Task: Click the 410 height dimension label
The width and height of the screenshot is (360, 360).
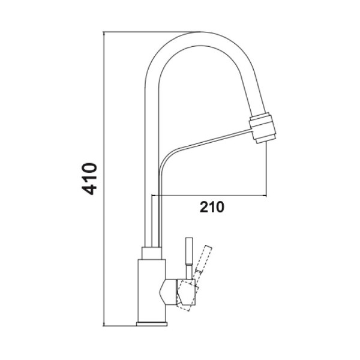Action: (89, 179)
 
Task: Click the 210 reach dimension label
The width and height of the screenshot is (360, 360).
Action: (212, 207)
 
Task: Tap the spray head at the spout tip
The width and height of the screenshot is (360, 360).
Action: (262, 128)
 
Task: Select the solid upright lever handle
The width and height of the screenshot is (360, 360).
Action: (189, 258)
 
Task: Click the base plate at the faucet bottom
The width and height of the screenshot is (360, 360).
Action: (152, 324)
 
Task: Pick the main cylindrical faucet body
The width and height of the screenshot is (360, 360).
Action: (152, 291)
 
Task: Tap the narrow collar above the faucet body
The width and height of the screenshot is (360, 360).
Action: (152, 253)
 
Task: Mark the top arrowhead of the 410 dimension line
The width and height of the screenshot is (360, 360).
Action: (104, 33)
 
